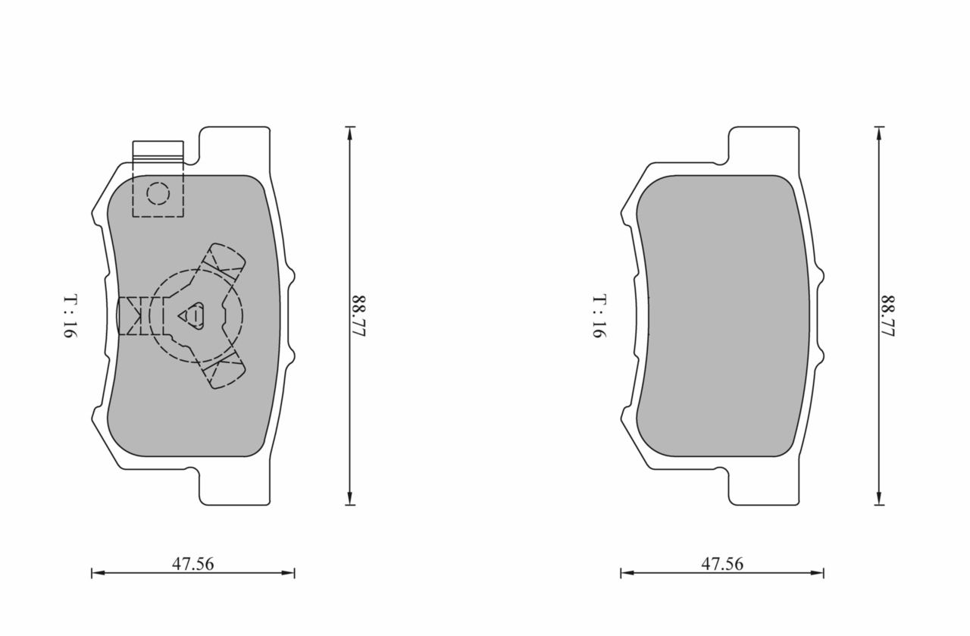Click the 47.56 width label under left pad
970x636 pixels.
[x=192, y=564]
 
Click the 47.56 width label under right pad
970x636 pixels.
[x=722, y=564]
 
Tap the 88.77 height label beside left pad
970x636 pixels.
[x=359, y=316]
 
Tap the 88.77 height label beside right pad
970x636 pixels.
[x=888, y=316]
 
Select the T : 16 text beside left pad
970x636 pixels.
[x=70, y=316]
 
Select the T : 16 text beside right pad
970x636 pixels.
[x=599, y=316]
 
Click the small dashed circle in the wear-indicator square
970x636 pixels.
[x=158, y=193]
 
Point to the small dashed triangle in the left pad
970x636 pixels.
[x=191, y=316]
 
